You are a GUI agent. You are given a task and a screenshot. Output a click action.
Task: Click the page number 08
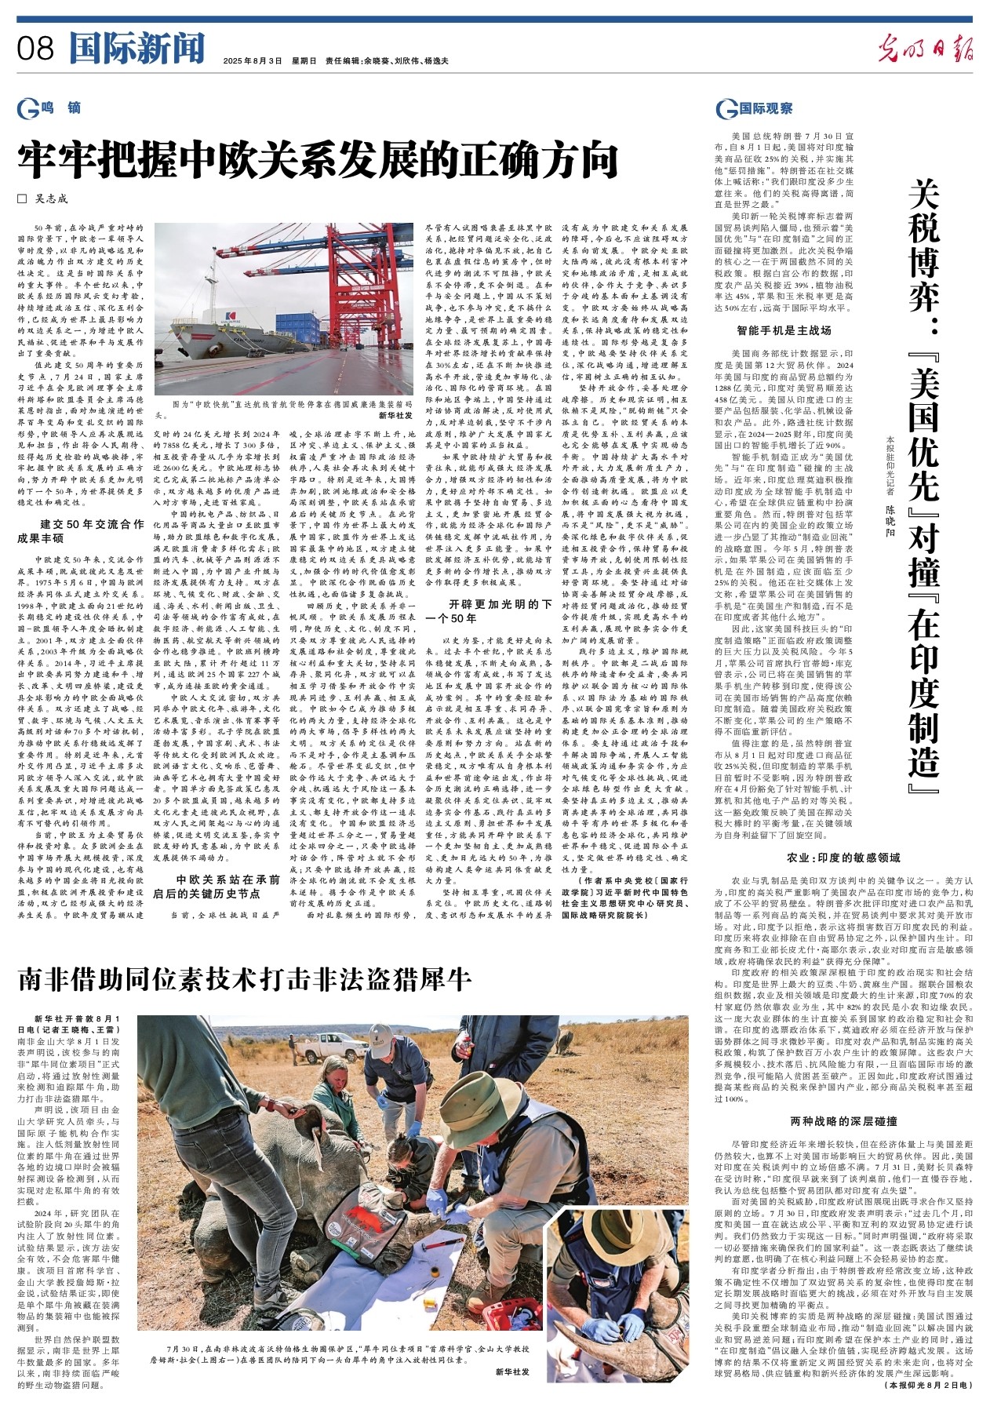coord(35,49)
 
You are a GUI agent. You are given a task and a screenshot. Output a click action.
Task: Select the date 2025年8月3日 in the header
coord(252,61)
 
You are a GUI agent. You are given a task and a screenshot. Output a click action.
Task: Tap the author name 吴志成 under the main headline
coord(51,199)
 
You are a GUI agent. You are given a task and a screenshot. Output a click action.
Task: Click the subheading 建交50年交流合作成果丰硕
coord(81,531)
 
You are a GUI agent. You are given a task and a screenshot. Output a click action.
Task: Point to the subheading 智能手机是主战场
coord(783,330)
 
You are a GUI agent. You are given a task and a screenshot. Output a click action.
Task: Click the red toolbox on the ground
coord(506,1313)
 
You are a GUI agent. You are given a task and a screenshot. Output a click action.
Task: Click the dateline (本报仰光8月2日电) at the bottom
coord(926,1386)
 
